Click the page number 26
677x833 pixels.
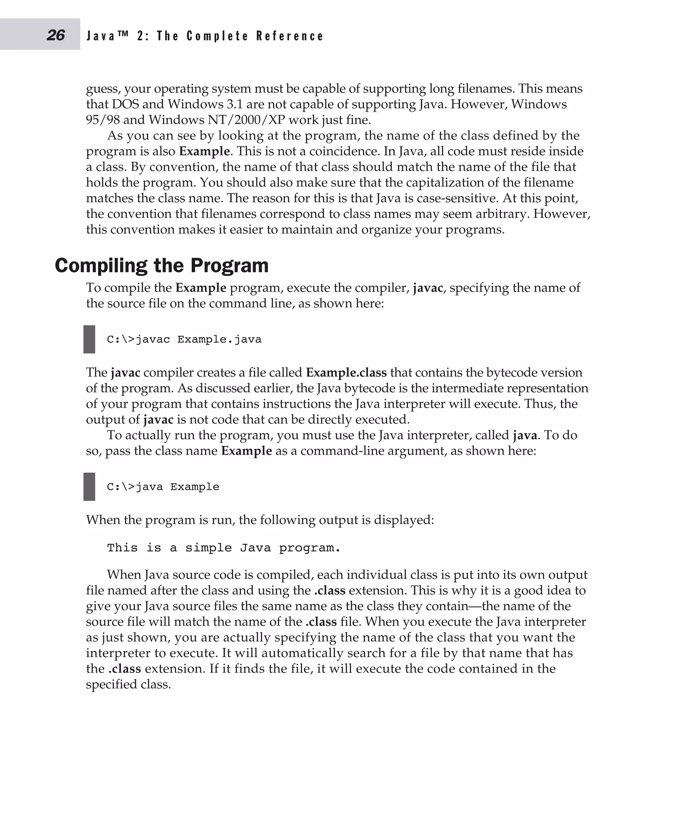pos(56,35)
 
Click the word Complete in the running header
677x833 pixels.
pos(217,36)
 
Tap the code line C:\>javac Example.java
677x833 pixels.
pos(184,339)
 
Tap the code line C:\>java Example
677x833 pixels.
pos(163,487)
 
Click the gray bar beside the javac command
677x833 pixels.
pos(89,339)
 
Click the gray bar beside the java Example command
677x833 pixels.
pos(89,487)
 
